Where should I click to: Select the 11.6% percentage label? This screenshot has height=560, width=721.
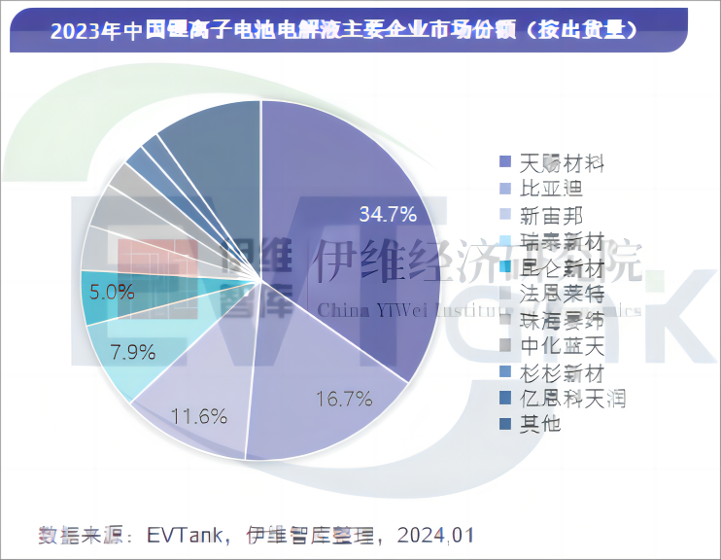tap(199, 417)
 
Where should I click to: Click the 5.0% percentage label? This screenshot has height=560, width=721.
tap(110, 291)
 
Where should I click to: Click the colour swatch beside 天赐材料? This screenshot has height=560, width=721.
tap(504, 161)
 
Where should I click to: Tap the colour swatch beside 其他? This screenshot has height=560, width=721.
tap(504, 424)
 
